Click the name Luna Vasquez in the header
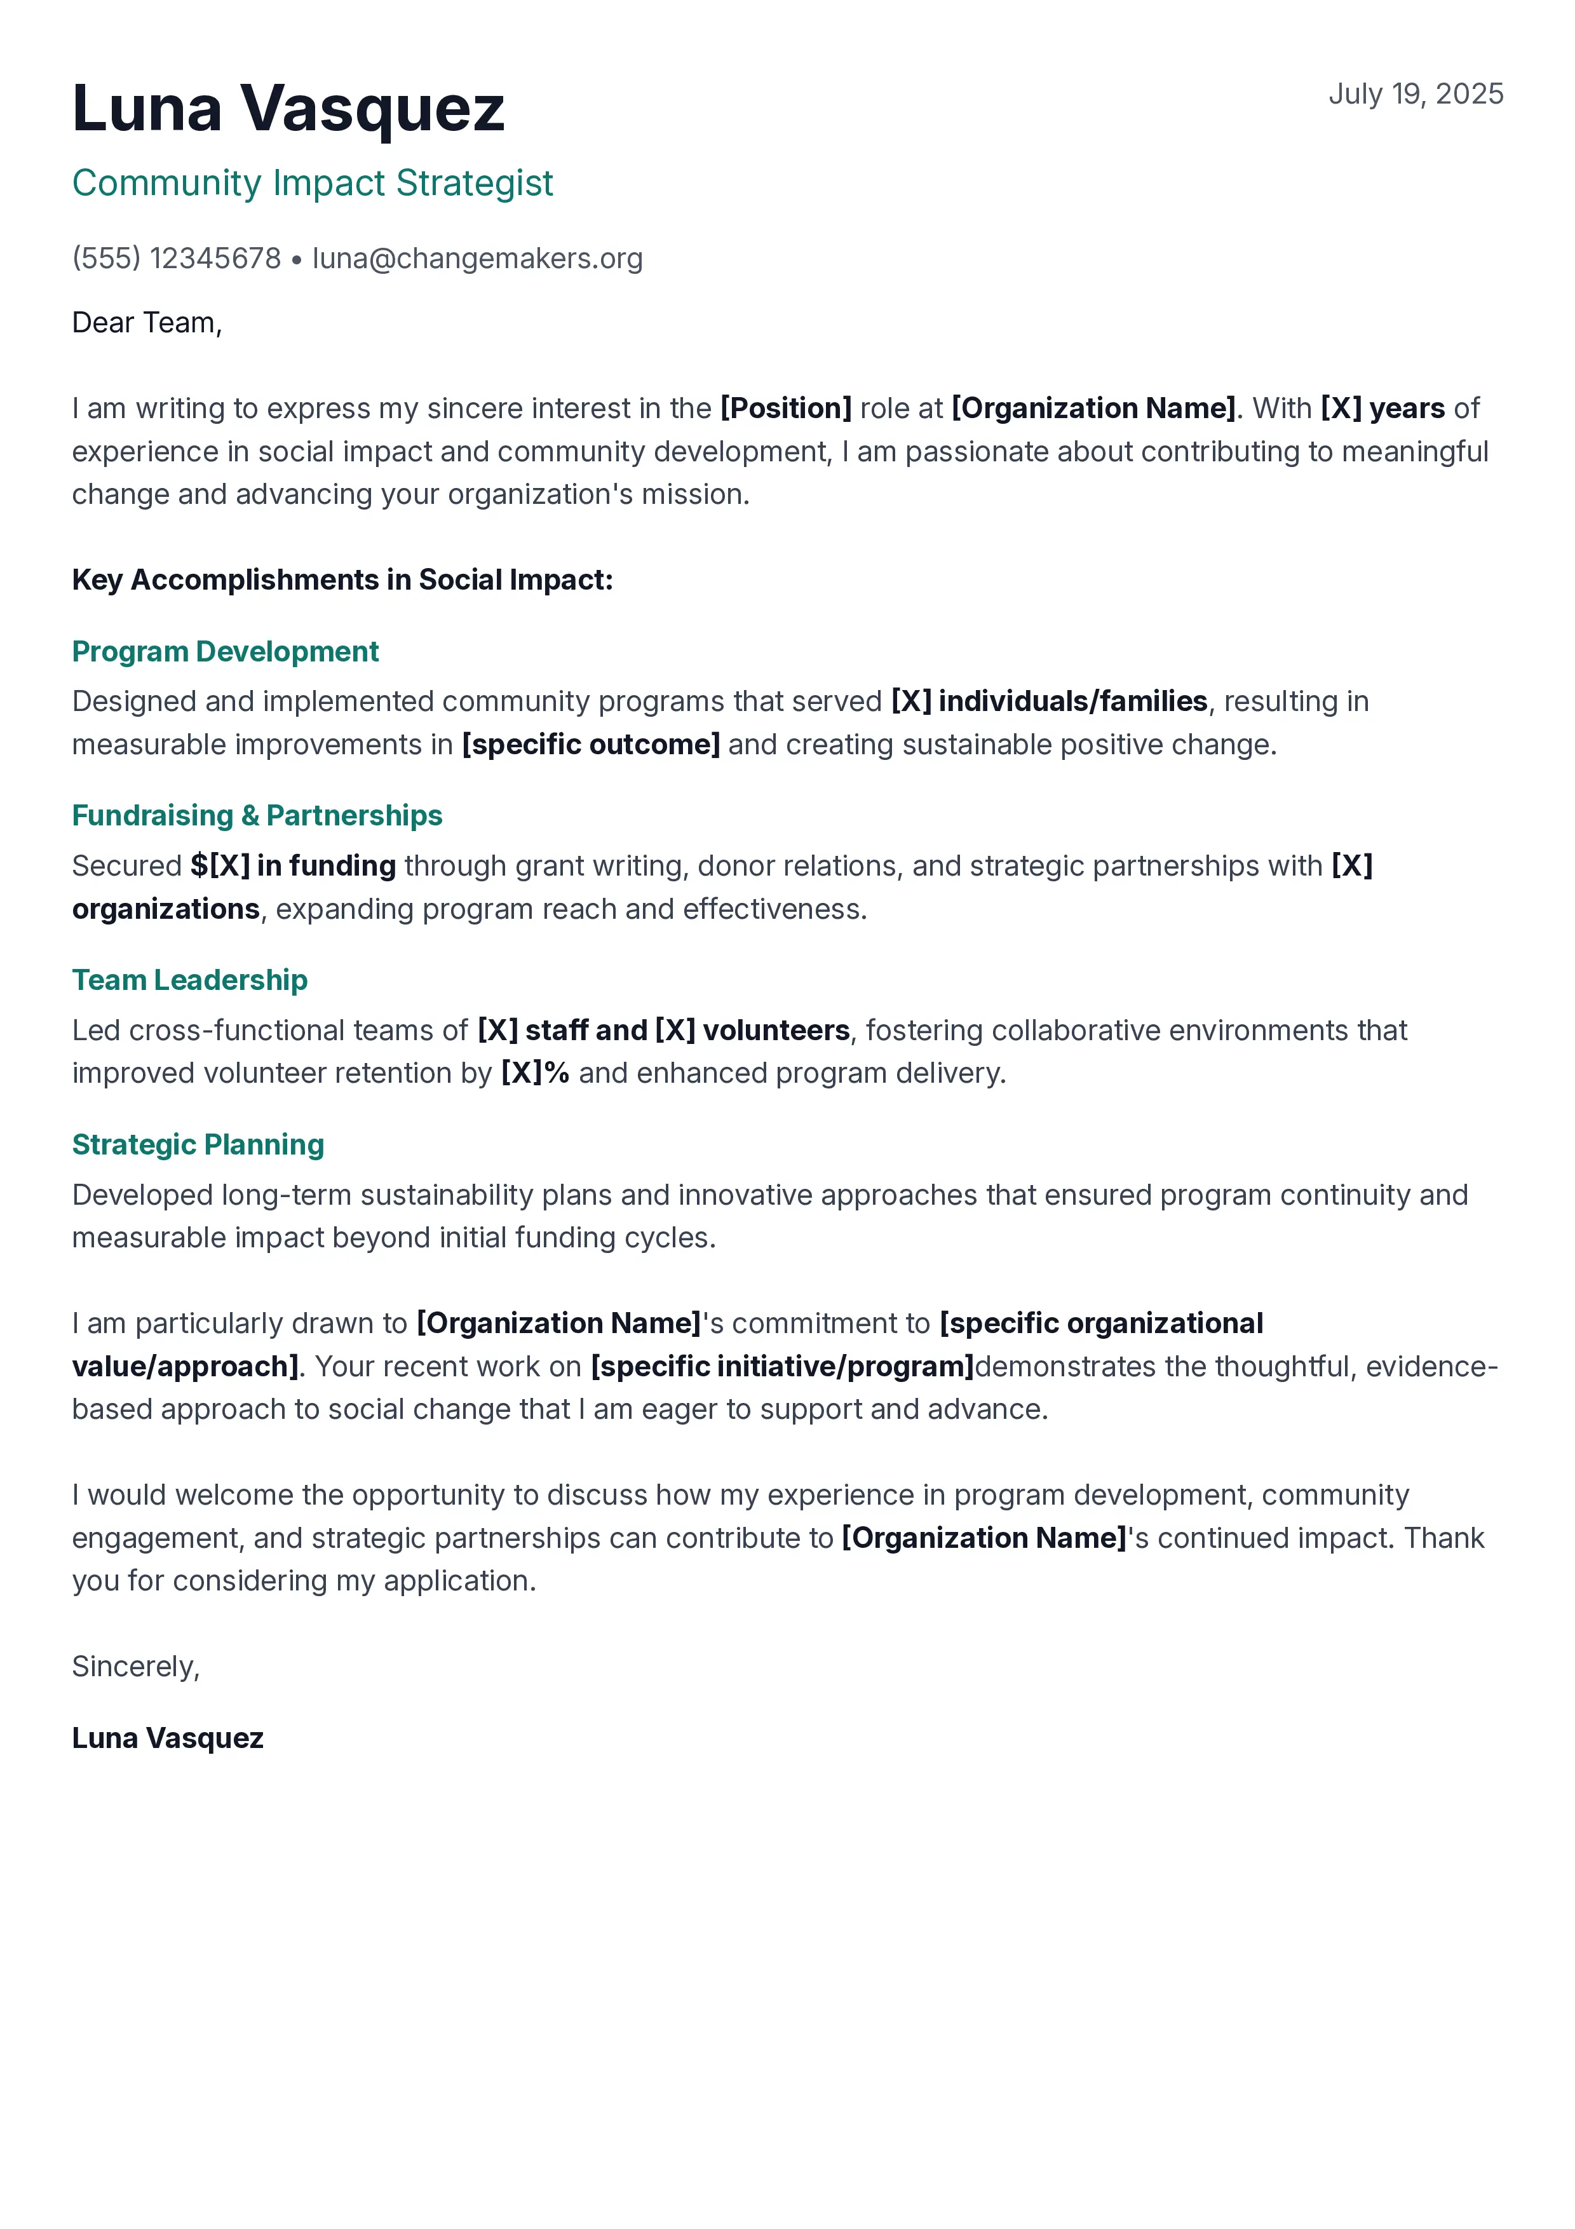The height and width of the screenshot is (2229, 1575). tap(288, 108)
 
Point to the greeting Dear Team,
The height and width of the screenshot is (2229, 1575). tap(147, 322)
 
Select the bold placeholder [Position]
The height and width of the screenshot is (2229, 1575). tap(785, 408)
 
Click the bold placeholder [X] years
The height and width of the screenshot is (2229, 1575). tap(1382, 408)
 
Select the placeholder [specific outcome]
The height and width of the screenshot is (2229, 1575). tap(590, 745)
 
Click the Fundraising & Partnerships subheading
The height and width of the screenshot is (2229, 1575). tap(257, 815)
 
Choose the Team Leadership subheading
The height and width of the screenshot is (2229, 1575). tap(189, 980)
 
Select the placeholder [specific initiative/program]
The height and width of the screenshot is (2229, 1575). tap(782, 1366)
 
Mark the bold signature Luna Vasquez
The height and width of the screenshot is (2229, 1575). tap(168, 1738)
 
